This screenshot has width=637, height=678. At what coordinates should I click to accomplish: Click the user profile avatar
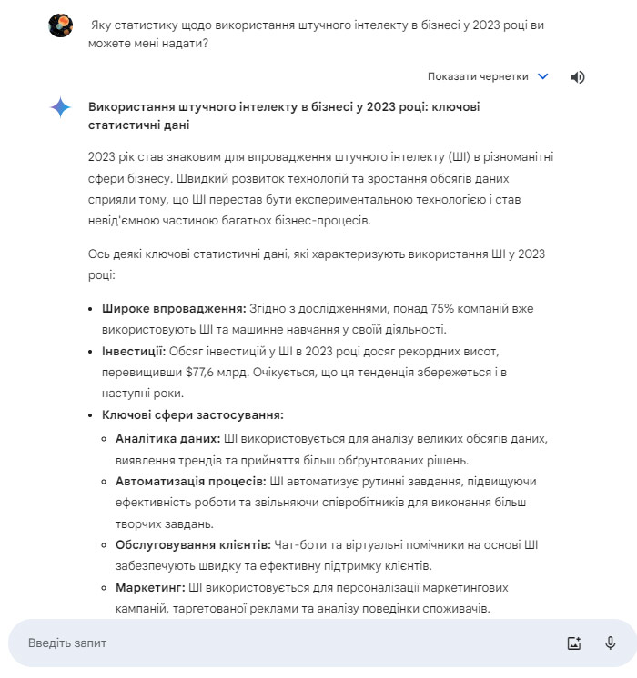pos(61,25)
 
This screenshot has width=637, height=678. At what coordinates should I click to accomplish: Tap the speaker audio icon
pos(577,77)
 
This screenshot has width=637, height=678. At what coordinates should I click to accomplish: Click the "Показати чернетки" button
pos(478,77)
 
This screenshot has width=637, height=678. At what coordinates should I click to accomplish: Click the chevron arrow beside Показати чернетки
pos(543,77)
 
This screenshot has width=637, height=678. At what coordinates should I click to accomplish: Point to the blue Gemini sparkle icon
pos(61,108)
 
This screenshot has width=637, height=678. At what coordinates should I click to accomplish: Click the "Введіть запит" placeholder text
pos(67,643)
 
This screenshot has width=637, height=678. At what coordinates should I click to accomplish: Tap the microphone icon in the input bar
pos(611,643)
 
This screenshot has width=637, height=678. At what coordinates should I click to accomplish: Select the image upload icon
pos(573,643)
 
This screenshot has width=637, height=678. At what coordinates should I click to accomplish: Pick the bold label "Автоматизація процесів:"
pos(191,480)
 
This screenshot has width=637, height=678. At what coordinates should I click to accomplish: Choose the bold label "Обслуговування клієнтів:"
pos(193,544)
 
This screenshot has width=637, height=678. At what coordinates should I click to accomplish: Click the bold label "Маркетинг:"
pos(149,588)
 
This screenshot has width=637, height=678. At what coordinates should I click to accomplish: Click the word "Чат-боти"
pos(299,544)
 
